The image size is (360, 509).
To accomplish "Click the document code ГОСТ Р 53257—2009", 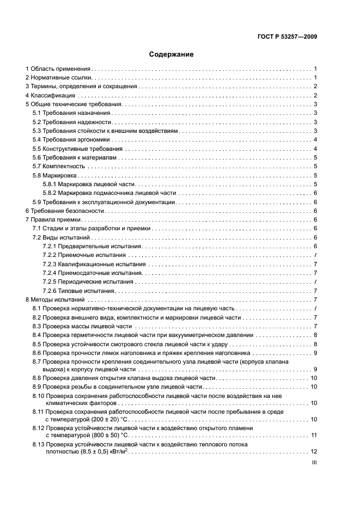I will pos(288,37).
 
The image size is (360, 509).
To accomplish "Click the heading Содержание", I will pos(171,54).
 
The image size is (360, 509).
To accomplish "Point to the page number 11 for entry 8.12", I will pos(314,435).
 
